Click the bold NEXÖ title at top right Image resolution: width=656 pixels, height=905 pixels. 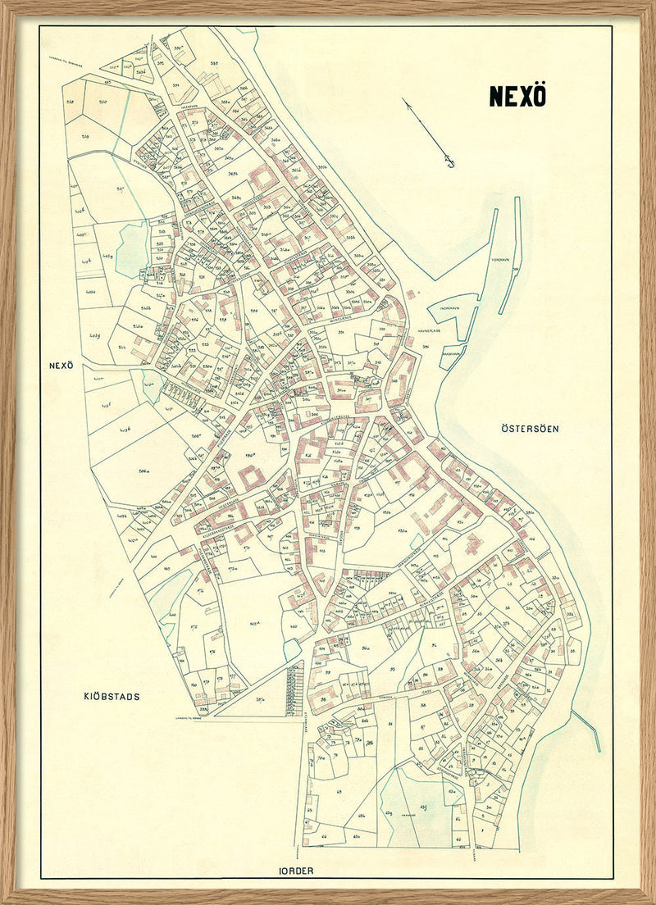click(517, 96)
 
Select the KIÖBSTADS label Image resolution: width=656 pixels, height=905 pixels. click(112, 697)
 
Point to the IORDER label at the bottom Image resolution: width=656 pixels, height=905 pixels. click(295, 871)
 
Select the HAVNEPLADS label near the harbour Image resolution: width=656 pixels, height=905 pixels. click(430, 331)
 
